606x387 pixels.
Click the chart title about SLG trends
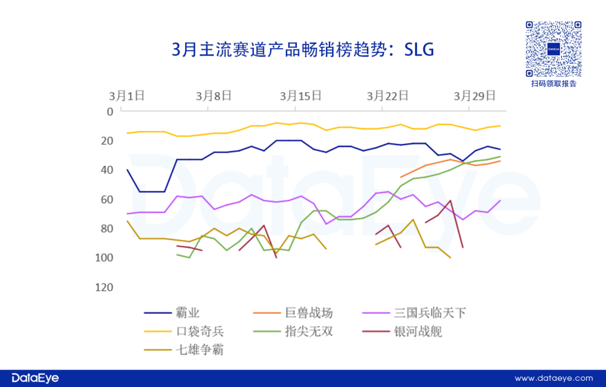pyautogui.click(x=303, y=50)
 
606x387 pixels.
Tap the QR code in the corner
pyautogui.click(x=553, y=49)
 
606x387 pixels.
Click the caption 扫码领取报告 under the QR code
pyautogui.click(x=554, y=84)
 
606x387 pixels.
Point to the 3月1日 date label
pyautogui.click(x=127, y=95)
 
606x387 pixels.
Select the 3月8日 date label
pyautogui.click(x=213, y=95)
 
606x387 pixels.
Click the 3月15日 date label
pyautogui.click(x=301, y=95)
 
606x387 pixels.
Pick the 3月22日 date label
pyautogui.click(x=387, y=95)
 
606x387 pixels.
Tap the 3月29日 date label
pyautogui.click(x=475, y=95)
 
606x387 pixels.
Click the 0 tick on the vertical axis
pyautogui.click(x=110, y=112)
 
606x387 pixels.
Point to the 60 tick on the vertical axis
pyautogui.click(x=107, y=200)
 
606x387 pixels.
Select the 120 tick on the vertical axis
pyautogui.click(x=104, y=287)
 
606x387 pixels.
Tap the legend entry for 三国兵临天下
pyautogui.click(x=430, y=313)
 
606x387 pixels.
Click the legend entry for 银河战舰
pyautogui.click(x=417, y=331)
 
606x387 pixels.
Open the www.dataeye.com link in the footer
pyautogui.click(x=553, y=378)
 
